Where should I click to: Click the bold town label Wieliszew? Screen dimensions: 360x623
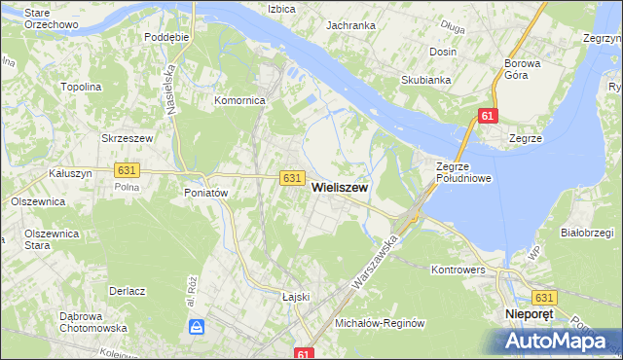(x=339, y=190)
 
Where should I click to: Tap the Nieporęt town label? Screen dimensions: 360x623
(x=529, y=315)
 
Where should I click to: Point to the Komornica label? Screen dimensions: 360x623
(x=240, y=100)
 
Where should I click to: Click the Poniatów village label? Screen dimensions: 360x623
(x=205, y=193)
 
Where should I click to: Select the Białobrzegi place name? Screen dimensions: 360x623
(x=586, y=233)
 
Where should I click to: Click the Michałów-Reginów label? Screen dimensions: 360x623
(x=381, y=322)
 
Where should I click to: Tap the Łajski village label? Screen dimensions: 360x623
(x=295, y=297)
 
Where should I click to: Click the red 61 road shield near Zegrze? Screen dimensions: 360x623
(x=489, y=117)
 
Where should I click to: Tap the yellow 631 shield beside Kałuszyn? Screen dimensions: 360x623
(x=127, y=169)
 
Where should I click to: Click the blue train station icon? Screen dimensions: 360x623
(x=196, y=327)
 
